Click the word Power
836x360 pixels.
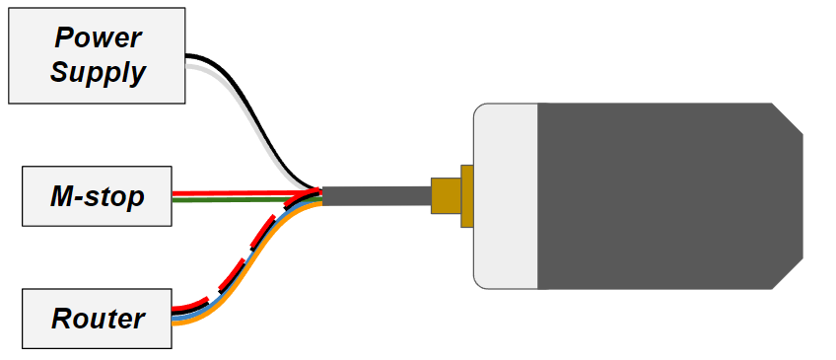pos(98,37)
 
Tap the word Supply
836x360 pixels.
pos(98,72)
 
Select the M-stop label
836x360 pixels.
pos(97,197)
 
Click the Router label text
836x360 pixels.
pos(98,319)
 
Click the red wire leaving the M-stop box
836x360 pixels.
pos(237,192)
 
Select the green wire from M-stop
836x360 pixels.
pos(237,199)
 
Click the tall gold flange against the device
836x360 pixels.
pos(466,195)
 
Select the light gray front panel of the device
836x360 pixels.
pos(506,195)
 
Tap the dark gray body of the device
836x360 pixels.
pos(661,195)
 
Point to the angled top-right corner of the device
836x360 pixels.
pos(787,119)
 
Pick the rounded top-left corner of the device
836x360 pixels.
pos(480,109)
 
